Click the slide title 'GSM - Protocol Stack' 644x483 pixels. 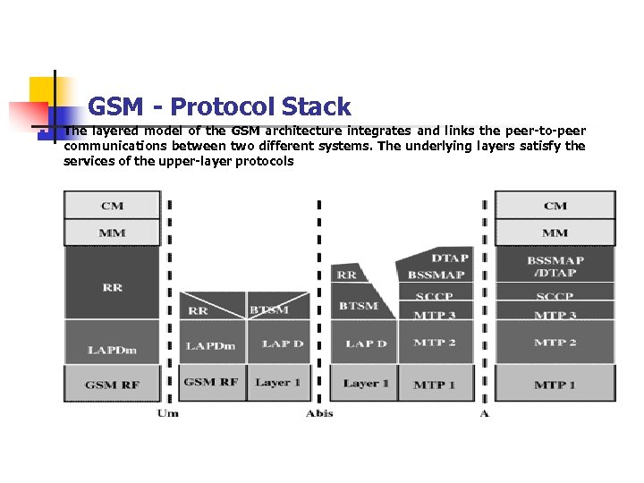tap(219, 107)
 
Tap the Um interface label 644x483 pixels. tap(167, 413)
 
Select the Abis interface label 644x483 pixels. tap(319, 413)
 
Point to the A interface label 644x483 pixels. tap(484, 413)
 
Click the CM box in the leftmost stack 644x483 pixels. tap(113, 206)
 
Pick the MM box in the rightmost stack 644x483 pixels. tap(555, 233)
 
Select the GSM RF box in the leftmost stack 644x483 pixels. tap(113, 385)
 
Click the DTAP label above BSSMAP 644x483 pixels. tap(450, 258)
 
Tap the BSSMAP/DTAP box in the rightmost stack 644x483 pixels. tap(555, 267)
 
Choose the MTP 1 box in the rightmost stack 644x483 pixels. tap(555, 385)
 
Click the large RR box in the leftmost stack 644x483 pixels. tap(113, 288)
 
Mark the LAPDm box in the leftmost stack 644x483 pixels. tap(113, 350)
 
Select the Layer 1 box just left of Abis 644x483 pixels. tap(277, 383)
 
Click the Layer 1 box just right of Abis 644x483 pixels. tap(365, 384)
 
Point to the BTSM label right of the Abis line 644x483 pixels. tap(358, 306)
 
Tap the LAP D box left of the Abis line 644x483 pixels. tap(282, 344)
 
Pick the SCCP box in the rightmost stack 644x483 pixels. tap(555, 296)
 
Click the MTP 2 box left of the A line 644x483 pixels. tap(435, 343)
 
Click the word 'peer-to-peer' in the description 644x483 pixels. tap(545, 131)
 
